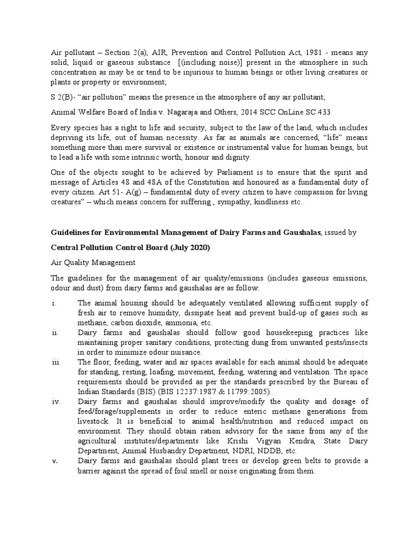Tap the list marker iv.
pos(56,402)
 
